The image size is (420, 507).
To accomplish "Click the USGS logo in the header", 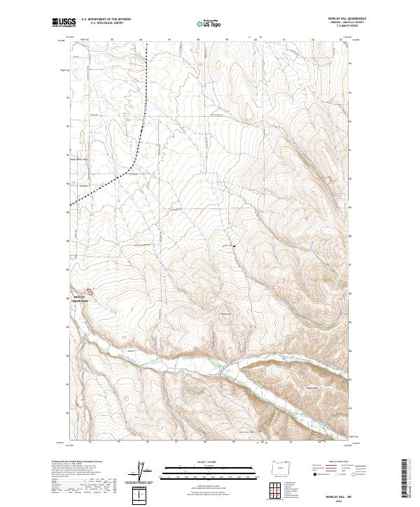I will click(x=64, y=23).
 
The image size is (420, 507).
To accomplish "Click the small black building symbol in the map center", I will click(x=234, y=246).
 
